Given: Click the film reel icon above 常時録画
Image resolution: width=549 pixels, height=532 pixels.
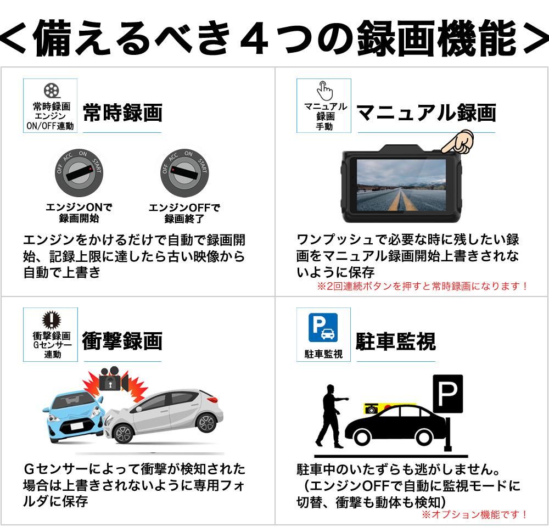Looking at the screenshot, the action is [x=52, y=91].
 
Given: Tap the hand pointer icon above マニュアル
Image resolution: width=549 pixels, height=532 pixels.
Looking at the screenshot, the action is [x=324, y=91].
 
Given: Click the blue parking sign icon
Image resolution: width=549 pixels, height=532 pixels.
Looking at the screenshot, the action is [x=323, y=327].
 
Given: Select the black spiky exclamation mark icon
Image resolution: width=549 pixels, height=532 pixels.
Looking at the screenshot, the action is [x=52, y=320].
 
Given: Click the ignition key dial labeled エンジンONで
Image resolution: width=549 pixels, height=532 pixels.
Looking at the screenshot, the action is [x=79, y=173].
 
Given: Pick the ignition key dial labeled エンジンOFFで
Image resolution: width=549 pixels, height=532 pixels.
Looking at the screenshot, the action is [x=184, y=173].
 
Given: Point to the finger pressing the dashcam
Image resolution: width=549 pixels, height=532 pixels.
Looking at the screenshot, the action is [x=458, y=142].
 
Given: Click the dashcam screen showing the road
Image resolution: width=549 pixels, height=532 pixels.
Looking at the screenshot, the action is [x=401, y=185].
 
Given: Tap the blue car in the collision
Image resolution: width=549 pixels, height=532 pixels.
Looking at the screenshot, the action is [x=74, y=416].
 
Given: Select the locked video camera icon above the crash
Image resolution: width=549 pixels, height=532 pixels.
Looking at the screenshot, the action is [x=113, y=379].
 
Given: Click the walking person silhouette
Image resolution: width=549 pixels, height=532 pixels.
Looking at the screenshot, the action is [x=331, y=416].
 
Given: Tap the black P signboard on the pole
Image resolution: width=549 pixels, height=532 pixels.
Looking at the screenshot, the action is [x=448, y=394].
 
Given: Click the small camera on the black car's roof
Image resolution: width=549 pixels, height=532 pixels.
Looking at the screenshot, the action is [x=372, y=408].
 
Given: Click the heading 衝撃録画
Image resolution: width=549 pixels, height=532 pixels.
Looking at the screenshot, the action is [x=122, y=341].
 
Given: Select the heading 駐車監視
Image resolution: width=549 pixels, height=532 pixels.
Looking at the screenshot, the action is [x=396, y=341].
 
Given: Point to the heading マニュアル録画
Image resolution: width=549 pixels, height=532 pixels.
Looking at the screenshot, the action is [x=426, y=113].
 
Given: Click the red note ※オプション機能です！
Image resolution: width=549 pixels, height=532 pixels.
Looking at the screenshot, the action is [x=475, y=514].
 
